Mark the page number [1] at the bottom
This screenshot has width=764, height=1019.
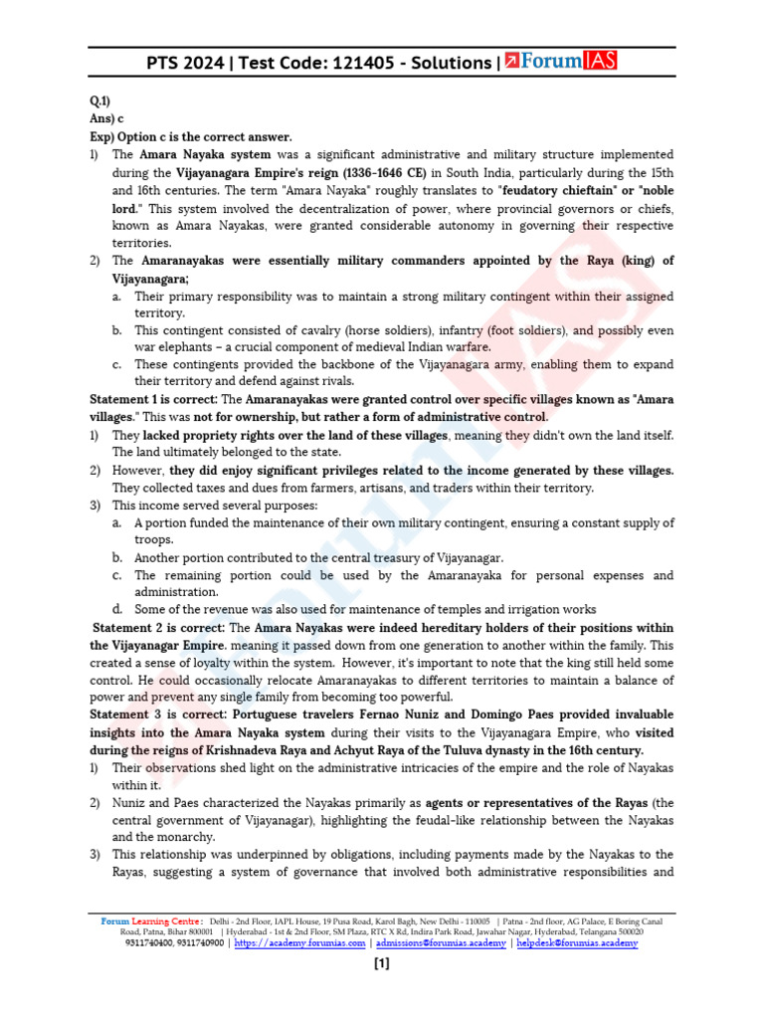pos(382,963)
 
